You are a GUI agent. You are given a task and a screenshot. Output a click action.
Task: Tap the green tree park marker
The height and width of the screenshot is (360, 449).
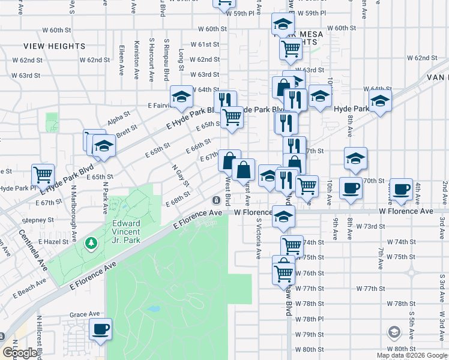[91, 244]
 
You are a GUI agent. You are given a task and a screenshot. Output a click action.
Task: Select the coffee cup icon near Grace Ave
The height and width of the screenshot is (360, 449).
[100, 329]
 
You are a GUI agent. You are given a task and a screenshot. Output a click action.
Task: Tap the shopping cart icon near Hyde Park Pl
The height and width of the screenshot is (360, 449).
[43, 175]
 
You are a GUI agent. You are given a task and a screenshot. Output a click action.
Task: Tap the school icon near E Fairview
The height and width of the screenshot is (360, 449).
[181, 97]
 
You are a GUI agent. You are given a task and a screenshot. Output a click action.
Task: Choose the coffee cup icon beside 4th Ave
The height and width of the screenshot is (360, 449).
[402, 188]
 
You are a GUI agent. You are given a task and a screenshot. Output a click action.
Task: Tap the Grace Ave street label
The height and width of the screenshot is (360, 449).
[85, 314]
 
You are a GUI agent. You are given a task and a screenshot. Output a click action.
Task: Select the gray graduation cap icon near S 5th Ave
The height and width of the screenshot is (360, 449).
[394, 332]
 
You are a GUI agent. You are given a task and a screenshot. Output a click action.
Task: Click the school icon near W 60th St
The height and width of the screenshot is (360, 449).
[282, 25]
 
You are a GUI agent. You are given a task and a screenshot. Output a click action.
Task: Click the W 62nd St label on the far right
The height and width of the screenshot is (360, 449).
[421, 58]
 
